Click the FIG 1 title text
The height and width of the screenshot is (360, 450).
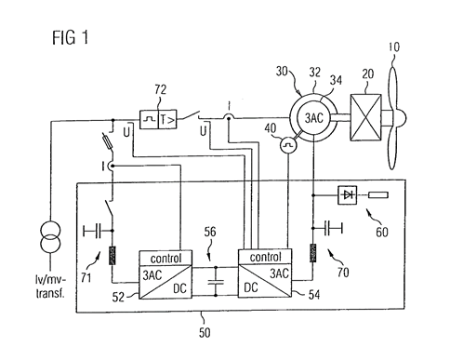click(71, 38)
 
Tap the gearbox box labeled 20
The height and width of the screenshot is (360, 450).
click(365, 117)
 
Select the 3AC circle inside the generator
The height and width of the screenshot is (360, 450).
click(314, 118)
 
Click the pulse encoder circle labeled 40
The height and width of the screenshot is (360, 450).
click(288, 145)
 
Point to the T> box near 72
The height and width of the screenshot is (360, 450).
click(167, 119)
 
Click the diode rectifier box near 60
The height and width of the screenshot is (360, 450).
click(347, 195)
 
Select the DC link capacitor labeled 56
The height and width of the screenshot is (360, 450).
click(216, 282)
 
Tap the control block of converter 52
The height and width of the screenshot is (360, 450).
click(165, 258)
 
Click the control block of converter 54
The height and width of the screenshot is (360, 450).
click(265, 257)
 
